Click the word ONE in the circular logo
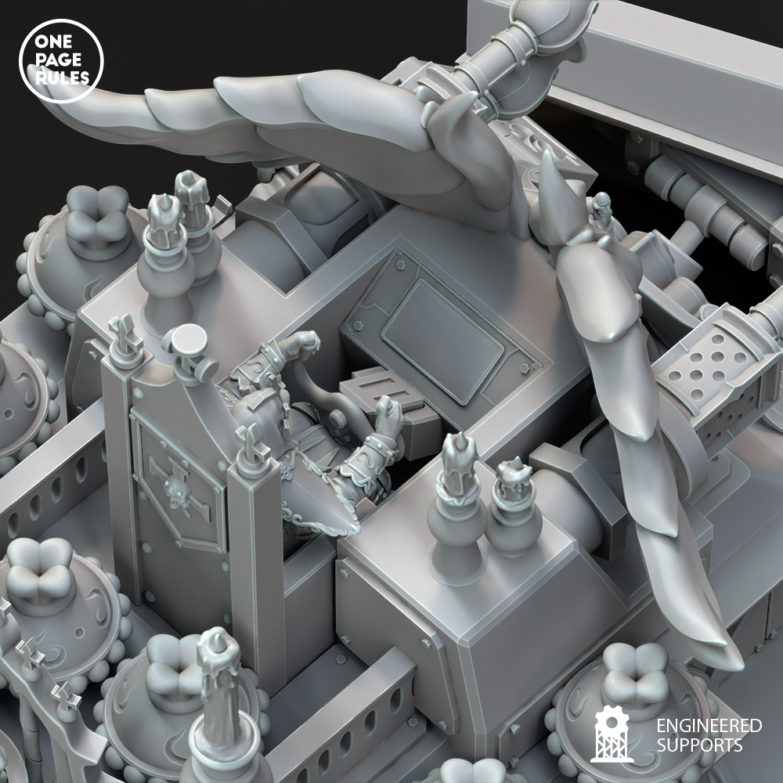pos(50,42)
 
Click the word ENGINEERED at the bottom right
pos(709,726)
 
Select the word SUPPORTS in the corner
pos(699,745)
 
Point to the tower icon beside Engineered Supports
pos(612,734)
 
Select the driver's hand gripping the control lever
pos(388,412)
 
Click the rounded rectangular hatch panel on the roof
pos(442,341)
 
